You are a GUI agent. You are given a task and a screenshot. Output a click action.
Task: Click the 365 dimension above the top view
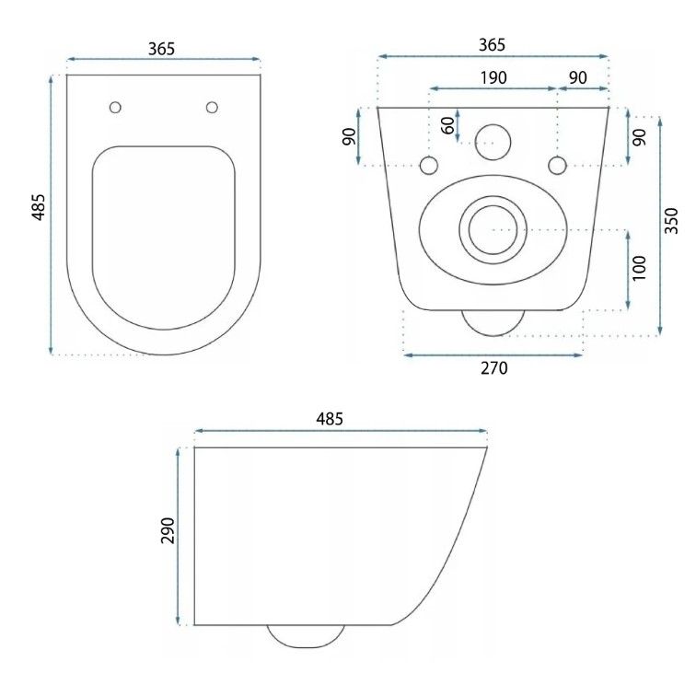tap(162, 49)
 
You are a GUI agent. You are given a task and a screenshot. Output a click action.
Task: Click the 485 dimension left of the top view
tap(39, 207)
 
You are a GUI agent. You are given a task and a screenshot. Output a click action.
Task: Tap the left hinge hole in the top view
tap(115, 108)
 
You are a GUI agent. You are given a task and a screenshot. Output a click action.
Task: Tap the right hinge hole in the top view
tap(212, 108)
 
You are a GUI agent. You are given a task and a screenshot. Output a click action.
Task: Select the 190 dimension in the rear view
tap(493, 77)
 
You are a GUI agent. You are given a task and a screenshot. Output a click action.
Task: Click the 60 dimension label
tap(448, 125)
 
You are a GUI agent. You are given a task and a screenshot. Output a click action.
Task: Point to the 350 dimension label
tap(671, 221)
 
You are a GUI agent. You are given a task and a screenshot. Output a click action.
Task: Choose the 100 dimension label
tap(639, 268)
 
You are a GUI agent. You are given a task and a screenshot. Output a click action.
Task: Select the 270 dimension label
tap(494, 368)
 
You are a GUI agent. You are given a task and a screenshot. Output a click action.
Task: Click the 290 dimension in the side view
tap(168, 530)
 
